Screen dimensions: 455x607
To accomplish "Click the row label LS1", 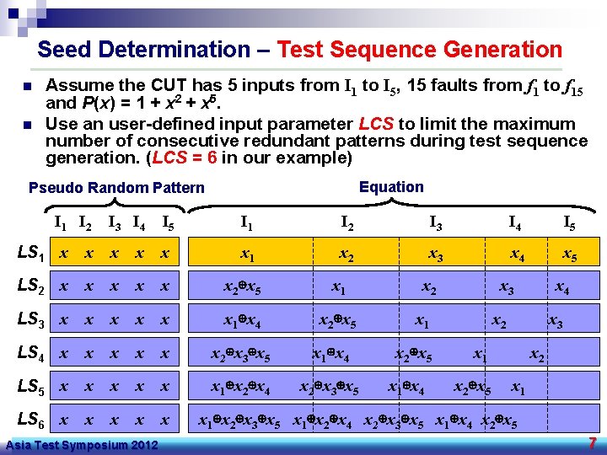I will pyautogui.click(x=32, y=254).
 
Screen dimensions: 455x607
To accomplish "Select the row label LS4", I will pyautogui.click(x=32, y=354).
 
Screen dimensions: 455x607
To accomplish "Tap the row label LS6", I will pyautogui.click(x=32, y=420).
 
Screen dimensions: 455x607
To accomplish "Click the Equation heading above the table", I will pyautogui.click(x=391, y=187).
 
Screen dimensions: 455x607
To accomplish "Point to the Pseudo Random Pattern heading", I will pyautogui.click(x=116, y=188).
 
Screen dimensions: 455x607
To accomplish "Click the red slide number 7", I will pyautogui.click(x=593, y=443).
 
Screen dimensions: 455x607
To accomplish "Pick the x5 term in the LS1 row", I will pyautogui.click(x=569, y=254).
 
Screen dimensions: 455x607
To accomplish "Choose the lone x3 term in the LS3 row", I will pyautogui.click(x=556, y=322).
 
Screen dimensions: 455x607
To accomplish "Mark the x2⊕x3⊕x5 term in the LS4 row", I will pyautogui.click(x=240, y=356).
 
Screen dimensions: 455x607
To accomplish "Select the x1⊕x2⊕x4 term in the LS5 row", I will pyautogui.click(x=240, y=389).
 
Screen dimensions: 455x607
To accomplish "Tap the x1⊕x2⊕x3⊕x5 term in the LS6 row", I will pyautogui.click(x=239, y=420).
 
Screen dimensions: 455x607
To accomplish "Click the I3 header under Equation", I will pyautogui.click(x=437, y=223).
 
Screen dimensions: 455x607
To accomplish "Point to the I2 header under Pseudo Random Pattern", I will pyautogui.click(x=85, y=223).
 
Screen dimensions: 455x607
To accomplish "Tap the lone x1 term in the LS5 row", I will pyautogui.click(x=518, y=389).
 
